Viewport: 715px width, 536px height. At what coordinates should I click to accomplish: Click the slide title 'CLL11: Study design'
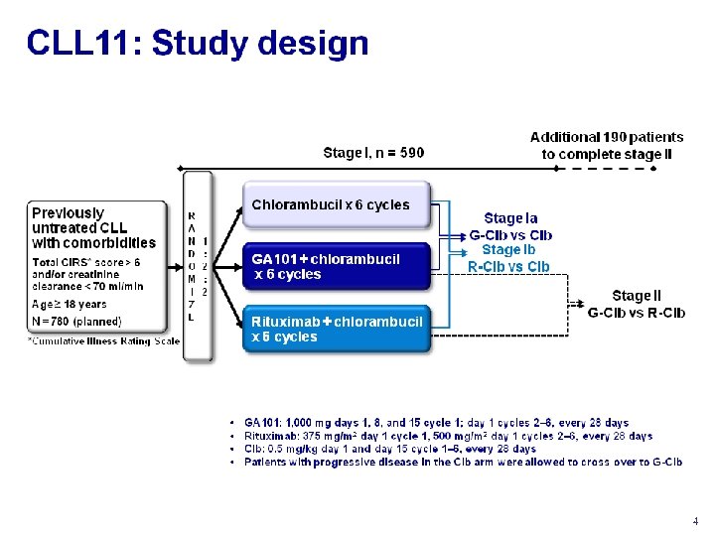click(x=198, y=43)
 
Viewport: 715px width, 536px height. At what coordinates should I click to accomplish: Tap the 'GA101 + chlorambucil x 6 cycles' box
click(x=335, y=267)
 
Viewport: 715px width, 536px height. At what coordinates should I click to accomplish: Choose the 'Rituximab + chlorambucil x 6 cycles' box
click(x=335, y=329)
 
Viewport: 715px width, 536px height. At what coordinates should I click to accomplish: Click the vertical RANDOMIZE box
click(x=198, y=265)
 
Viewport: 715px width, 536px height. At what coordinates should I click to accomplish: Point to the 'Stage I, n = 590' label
click(x=373, y=153)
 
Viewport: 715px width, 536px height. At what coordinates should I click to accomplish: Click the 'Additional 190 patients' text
click(x=607, y=137)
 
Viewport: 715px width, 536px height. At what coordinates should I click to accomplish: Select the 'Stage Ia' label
click(x=510, y=217)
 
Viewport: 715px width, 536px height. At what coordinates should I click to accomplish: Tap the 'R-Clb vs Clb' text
click(x=508, y=266)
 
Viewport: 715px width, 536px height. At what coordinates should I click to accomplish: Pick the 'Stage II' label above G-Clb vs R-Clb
click(x=636, y=296)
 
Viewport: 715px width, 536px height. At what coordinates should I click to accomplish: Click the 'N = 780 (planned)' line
click(x=76, y=321)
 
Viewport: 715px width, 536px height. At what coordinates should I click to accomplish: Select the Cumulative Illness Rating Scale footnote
click(x=103, y=340)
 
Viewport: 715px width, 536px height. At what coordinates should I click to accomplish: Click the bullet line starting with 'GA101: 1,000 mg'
click(x=436, y=423)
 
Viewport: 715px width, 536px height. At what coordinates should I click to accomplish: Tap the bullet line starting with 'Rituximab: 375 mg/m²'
click(x=448, y=436)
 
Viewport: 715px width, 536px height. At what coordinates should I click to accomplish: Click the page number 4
click(x=695, y=521)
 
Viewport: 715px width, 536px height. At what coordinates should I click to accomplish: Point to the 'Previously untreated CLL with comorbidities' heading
click(x=93, y=227)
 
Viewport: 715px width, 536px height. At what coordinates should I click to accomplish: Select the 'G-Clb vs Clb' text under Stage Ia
click(x=510, y=235)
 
